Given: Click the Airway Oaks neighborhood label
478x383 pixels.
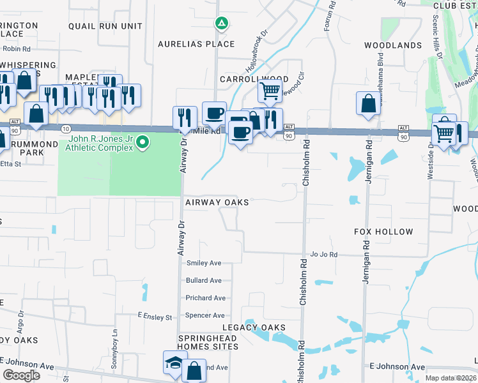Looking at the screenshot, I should point(217,202).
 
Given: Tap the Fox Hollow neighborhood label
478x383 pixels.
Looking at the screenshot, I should point(383,232).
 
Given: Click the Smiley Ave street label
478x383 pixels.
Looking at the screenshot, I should point(203,263).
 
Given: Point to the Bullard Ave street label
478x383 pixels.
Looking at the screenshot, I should point(204,280).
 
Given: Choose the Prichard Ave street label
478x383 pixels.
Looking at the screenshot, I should point(205,298).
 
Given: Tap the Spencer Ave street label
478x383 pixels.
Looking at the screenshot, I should point(204,315).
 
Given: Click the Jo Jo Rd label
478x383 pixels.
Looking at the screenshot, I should point(323,254).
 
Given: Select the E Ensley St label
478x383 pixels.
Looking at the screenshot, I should point(155,317).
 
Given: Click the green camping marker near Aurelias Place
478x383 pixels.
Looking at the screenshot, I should point(221,24).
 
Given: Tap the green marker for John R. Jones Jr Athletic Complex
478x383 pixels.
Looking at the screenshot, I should point(143,142).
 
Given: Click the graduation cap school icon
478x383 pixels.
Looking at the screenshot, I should point(175,363).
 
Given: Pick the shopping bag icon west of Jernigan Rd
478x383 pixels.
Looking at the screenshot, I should point(369,104).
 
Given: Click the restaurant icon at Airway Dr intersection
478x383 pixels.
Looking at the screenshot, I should point(185,117).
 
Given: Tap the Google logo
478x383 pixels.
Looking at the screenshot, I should point(21,375).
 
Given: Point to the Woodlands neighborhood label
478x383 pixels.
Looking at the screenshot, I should point(393,45).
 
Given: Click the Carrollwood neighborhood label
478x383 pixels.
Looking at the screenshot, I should point(250,79).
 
